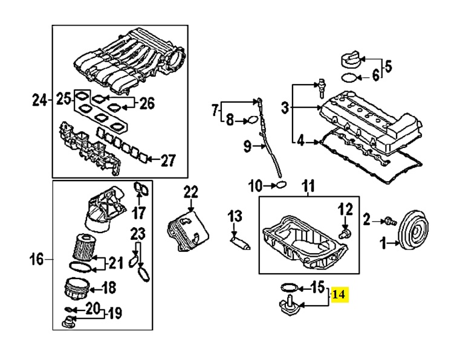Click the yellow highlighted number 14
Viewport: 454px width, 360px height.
point(340,295)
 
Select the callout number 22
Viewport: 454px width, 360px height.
point(191,192)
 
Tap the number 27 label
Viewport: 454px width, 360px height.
point(168,160)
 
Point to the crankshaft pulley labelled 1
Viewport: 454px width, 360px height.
point(413,234)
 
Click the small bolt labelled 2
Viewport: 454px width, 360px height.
point(391,222)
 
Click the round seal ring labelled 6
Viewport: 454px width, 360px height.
point(349,77)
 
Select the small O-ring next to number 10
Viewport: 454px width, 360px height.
point(281,184)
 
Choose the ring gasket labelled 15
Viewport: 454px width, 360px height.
point(290,288)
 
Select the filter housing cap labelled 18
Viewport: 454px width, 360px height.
point(77,289)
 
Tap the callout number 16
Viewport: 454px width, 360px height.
point(36,259)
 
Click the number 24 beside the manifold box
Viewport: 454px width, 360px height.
point(39,100)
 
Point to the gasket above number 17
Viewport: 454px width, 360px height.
point(141,189)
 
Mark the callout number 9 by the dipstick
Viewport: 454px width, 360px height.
point(247,146)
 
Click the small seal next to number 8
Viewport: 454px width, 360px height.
point(253,120)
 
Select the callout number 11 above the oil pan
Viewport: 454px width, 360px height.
point(308,186)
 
